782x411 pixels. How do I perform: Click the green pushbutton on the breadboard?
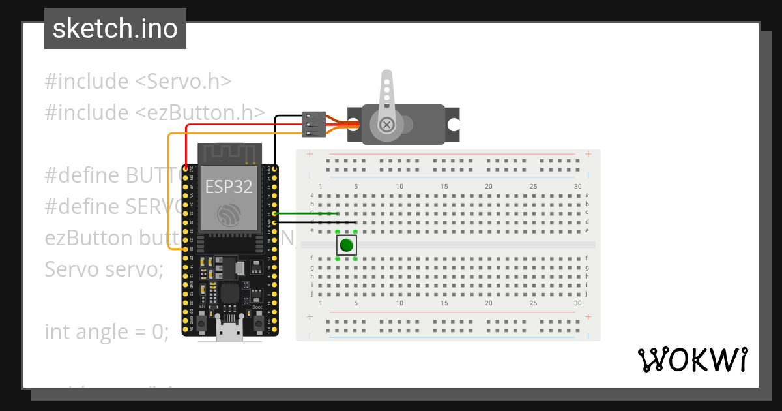pyautogui.click(x=346, y=245)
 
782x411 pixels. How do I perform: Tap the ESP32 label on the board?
pyautogui.click(x=229, y=187)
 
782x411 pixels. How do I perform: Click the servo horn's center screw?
pyautogui.click(x=387, y=124)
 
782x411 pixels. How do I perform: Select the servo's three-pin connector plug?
pyautogui.click(x=314, y=124)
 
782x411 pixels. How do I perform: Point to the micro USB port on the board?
pyautogui.click(x=230, y=333)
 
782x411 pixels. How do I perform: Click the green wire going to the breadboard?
pyautogui.click(x=306, y=213)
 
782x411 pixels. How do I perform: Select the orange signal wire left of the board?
pyautogui.click(x=169, y=196)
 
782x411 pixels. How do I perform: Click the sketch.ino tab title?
pyautogui.click(x=115, y=29)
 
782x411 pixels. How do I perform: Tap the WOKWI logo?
pyautogui.click(x=692, y=359)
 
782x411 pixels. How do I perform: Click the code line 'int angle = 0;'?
pyautogui.click(x=107, y=332)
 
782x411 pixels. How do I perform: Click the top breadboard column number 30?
pyautogui.click(x=578, y=187)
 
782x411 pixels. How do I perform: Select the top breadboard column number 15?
pyautogui.click(x=444, y=187)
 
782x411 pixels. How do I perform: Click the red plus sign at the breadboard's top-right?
pyautogui.click(x=588, y=154)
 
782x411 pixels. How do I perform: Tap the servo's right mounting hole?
pyautogui.click(x=453, y=124)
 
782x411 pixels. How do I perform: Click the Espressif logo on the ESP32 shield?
pyautogui.click(x=229, y=215)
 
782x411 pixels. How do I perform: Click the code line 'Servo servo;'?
pyautogui.click(x=104, y=269)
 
